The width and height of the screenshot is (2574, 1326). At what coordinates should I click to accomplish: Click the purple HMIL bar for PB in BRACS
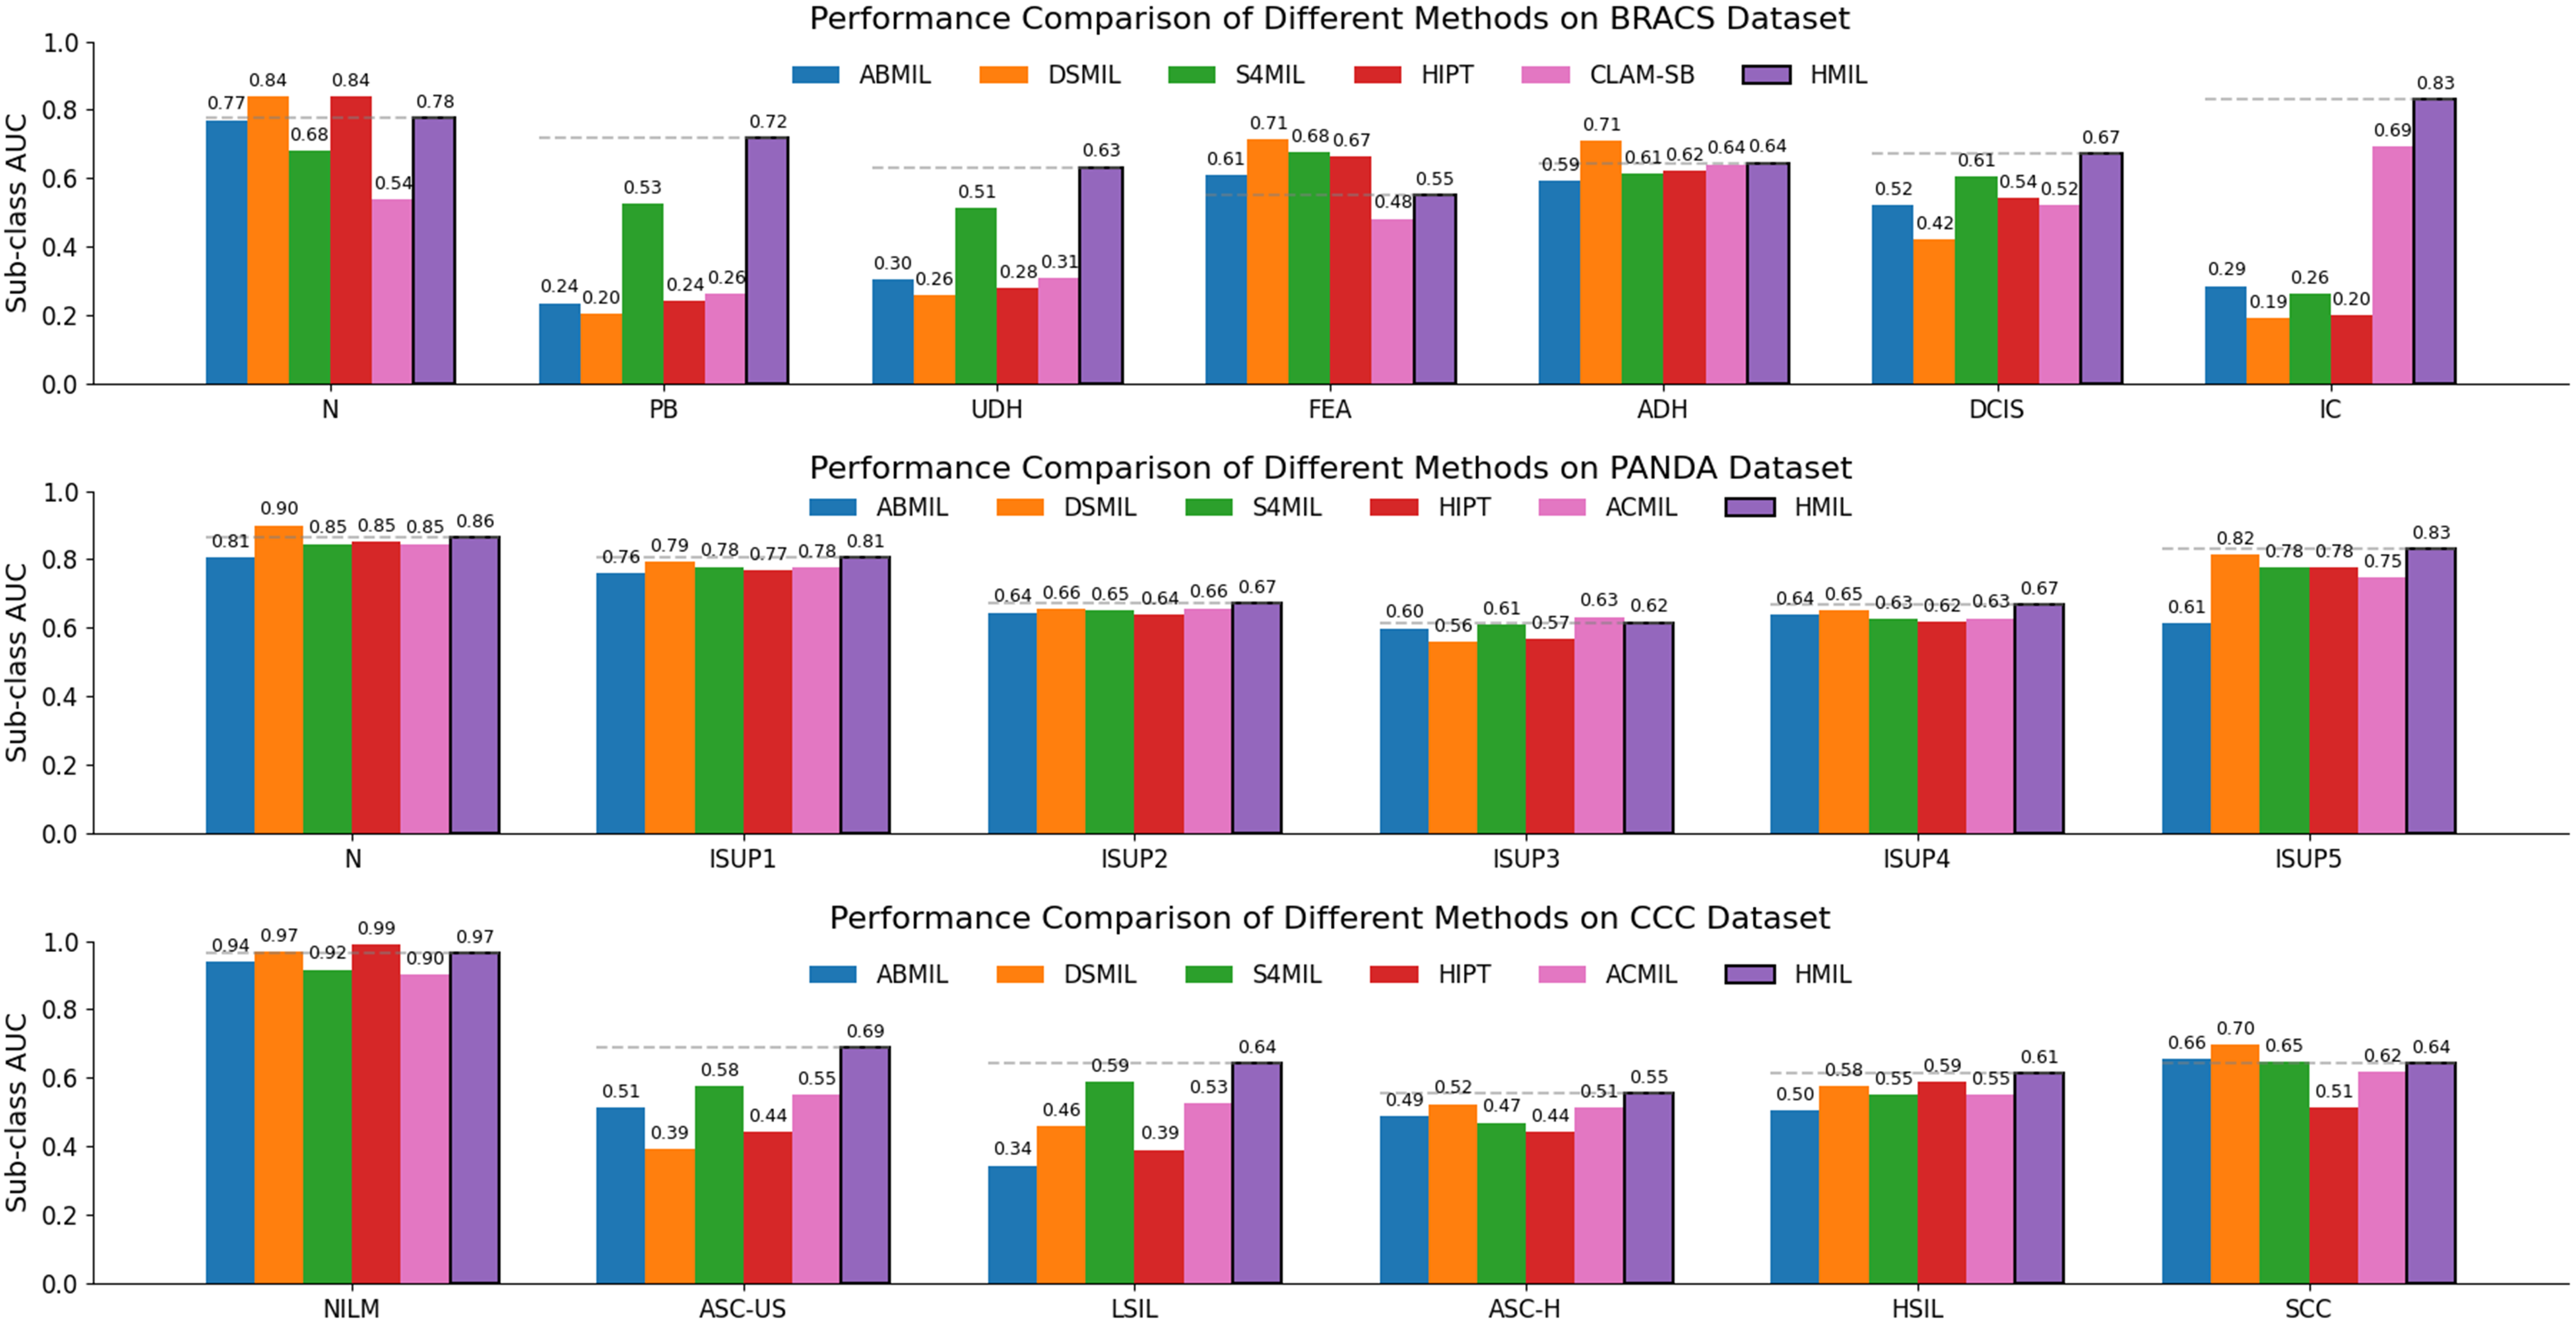(x=767, y=260)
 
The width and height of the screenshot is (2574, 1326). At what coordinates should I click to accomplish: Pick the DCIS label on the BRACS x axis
(x=1996, y=410)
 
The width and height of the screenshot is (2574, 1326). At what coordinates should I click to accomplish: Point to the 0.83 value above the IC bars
(x=2435, y=83)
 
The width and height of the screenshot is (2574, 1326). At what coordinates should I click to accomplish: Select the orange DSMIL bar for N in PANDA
(x=279, y=680)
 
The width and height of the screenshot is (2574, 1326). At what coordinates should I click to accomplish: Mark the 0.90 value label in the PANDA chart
(x=279, y=508)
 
